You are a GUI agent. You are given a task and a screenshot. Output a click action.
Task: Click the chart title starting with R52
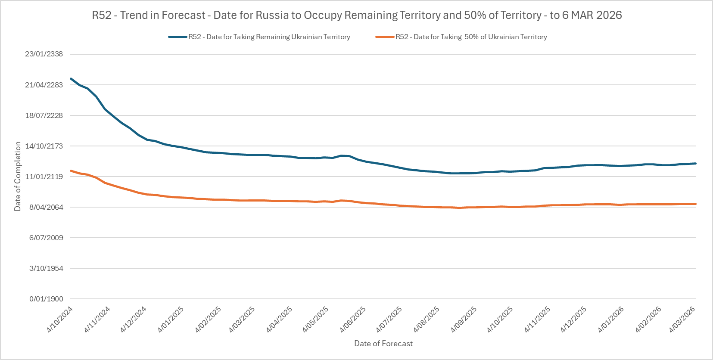(x=357, y=15)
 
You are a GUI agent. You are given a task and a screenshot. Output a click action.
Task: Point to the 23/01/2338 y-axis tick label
(x=44, y=54)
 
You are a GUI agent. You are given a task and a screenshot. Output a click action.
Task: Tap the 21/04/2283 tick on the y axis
(x=44, y=85)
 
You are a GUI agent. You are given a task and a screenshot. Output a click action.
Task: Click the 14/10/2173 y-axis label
(x=44, y=146)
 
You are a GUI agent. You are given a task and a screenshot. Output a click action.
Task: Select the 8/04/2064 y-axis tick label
(x=46, y=207)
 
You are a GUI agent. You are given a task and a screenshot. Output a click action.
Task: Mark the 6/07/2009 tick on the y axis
(x=46, y=238)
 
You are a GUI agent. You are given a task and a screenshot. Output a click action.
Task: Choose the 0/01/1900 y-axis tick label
(x=46, y=299)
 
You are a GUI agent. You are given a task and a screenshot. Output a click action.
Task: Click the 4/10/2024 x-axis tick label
(x=60, y=320)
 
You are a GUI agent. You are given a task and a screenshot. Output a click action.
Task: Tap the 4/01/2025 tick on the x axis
(x=171, y=320)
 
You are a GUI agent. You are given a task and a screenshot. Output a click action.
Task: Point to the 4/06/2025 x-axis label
(x=353, y=320)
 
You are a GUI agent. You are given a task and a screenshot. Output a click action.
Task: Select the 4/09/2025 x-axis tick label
(x=464, y=320)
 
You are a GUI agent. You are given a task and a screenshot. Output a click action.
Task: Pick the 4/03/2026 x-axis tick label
(x=682, y=320)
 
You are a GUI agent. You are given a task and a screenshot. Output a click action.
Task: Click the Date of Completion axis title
(x=18, y=177)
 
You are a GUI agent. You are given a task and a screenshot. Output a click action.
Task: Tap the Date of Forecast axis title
(x=383, y=344)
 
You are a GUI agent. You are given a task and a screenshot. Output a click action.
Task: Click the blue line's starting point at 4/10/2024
(x=71, y=79)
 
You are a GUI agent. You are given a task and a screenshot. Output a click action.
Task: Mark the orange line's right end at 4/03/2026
(x=696, y=204)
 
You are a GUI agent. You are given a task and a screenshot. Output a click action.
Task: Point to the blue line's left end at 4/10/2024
(x=71, y=79)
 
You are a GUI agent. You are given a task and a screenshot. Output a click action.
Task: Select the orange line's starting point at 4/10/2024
(x=71, y=171)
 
